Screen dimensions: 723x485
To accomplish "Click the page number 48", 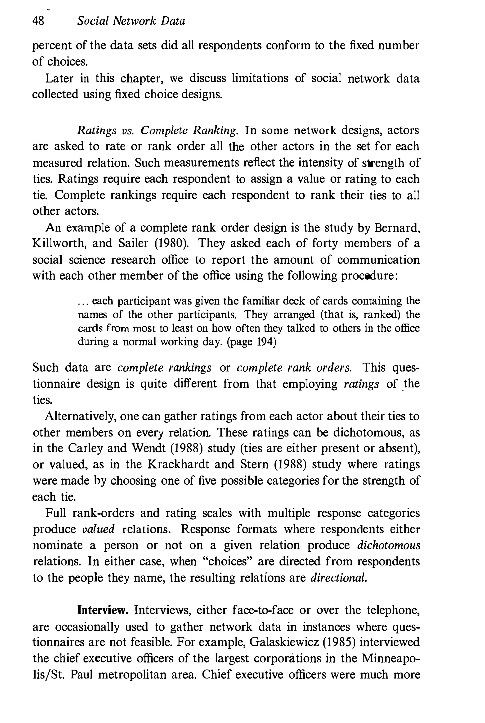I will (x=38, y=21).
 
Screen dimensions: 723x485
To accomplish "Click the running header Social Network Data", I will (x=131, y=21).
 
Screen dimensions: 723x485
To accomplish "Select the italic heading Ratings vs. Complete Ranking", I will (x=157, y=131).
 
